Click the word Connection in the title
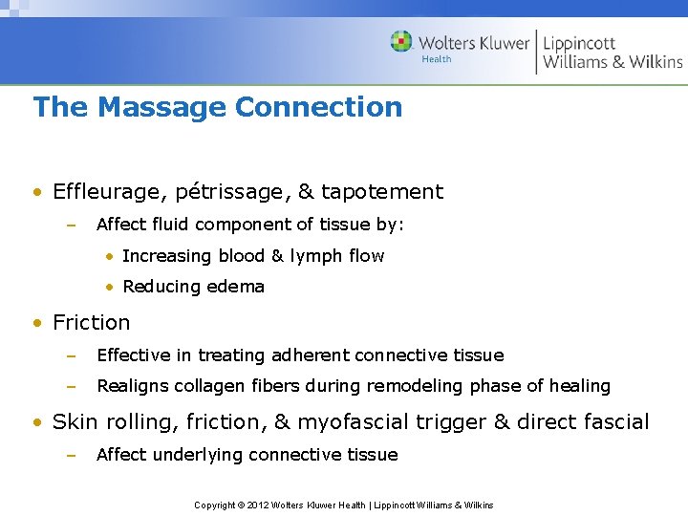(318, 107)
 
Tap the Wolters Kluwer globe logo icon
(401, 42)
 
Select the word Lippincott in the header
(579, 43)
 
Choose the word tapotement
(382, 192)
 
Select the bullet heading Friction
(92, 323)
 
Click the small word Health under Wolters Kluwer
(437, 59)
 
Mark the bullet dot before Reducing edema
(112, 287)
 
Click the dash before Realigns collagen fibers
(70, 386)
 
